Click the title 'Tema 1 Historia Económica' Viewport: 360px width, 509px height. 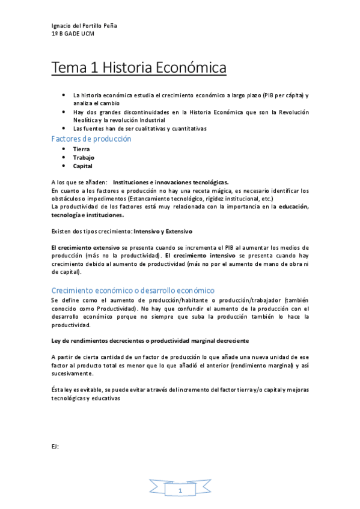139,67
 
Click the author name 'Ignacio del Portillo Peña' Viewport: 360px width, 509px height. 84,26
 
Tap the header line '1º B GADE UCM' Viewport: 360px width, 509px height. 73,34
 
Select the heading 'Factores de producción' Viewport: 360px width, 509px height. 91,139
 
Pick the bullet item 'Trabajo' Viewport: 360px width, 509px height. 84,157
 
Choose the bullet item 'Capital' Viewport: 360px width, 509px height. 83,166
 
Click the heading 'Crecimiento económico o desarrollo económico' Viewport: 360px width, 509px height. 133,290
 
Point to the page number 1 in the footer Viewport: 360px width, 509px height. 180,490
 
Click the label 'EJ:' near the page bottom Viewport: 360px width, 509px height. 55,446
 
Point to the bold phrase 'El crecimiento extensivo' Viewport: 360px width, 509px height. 86,247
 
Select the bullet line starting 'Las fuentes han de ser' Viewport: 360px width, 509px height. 139,128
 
